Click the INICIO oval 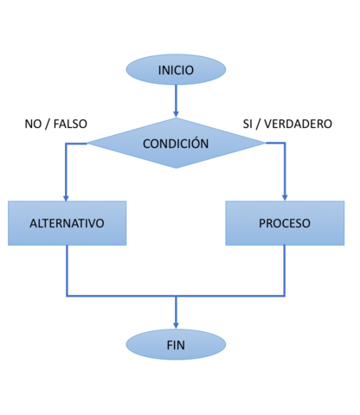point(176,70)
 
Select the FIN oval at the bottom point(176,345)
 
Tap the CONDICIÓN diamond point(176,144)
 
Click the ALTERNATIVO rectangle point(67,223)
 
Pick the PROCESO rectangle point(285,223)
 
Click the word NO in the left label point(34,124)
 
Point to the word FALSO point(70,124)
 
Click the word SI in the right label point(248,124)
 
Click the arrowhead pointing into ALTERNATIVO point(67,196)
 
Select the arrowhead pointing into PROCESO point(285,196)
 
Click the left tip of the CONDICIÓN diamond point(87,144)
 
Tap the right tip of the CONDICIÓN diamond point(265,144)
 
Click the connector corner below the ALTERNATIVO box point(67,296)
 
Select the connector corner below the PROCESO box point(285,296)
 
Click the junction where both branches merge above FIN point(176,296)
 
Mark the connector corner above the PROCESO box point(285,144)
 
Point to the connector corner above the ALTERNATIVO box point(67,144)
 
